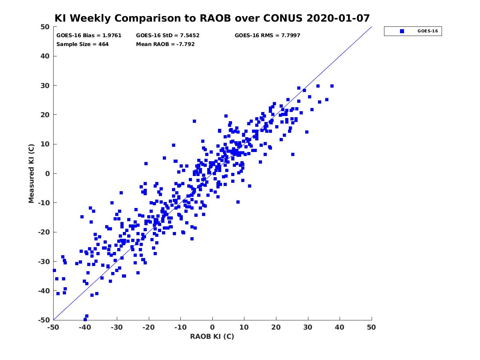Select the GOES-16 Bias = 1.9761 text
(89, 36)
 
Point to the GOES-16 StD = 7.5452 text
(168, 36)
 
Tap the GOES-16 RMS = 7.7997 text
(267, 36)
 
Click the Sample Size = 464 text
(82, 44)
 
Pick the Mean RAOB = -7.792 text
(165, 44)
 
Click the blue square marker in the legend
(402, 31)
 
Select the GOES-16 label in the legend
(428, 31)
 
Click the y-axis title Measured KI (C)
(31, 173)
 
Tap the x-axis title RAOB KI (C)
(212, 336)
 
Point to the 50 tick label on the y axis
(45, 27)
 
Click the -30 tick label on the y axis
(44, 262)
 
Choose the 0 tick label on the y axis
(48, 174)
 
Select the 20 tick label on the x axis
(276, 327)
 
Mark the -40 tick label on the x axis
(85, 327)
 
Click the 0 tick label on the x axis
(212, 327)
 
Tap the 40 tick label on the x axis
(339, 327)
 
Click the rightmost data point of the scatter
(332, 86)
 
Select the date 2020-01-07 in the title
(338, 18)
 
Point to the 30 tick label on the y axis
(45, 86)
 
